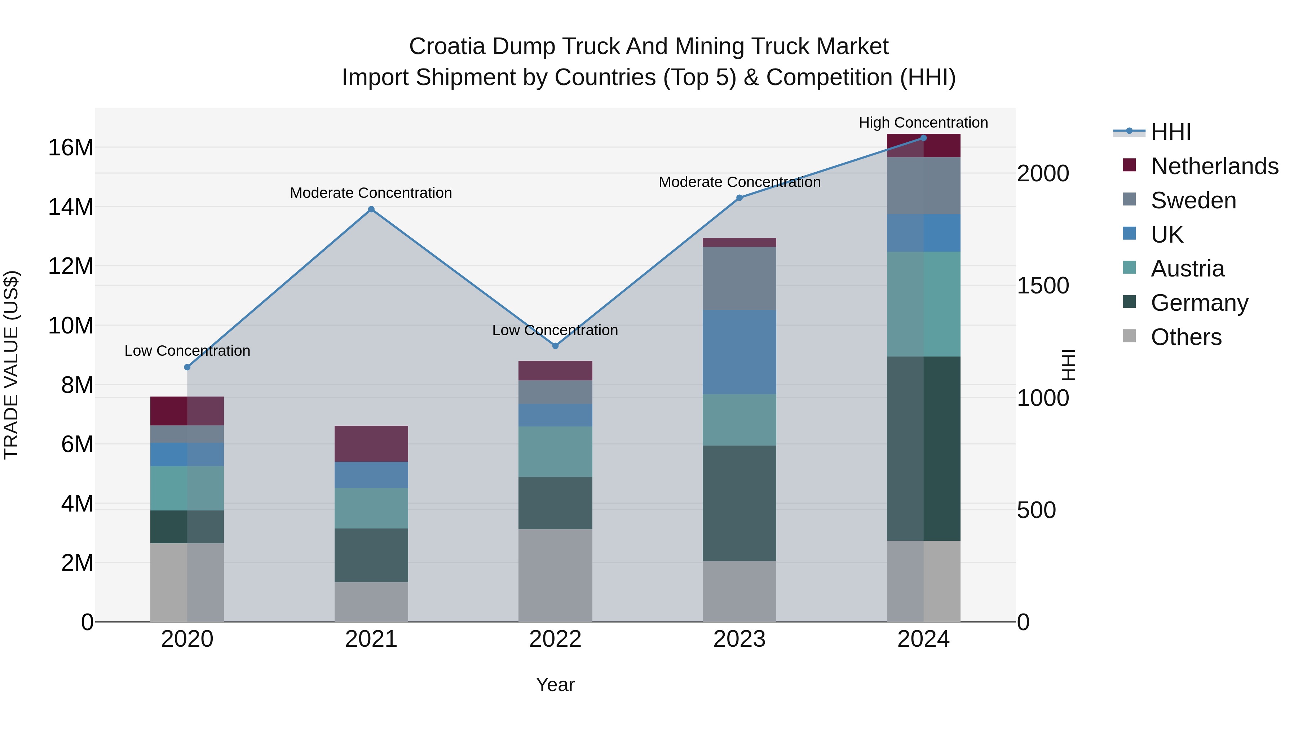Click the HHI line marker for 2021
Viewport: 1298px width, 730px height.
[x=371, y=209]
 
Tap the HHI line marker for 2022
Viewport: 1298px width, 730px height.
[x=555, y=346]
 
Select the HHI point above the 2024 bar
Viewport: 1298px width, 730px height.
[x=924, y=138]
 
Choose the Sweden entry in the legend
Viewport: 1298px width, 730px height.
[x=1193, y=200]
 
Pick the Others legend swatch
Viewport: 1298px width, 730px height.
[x=1129, y=336]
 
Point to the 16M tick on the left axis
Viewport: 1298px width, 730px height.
[x=71, y=147]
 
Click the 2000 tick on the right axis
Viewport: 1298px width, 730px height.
[x=1042, y=173]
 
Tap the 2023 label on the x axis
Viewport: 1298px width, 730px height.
[x=739, y=639]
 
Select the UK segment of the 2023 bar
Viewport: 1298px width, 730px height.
[x=739, y=351]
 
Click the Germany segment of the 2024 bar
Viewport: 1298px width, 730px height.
[x=924, y=448]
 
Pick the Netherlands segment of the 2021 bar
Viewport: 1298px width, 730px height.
[x=371, y=443]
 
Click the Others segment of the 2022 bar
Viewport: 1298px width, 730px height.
[x=555, y=575]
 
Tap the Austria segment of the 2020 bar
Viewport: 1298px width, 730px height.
[x=187, y=488]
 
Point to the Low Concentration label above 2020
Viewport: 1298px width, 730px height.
[x=187, y=351]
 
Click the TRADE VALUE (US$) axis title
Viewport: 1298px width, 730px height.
[x=11, y=365]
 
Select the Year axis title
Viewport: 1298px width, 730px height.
[x=555, y=685]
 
